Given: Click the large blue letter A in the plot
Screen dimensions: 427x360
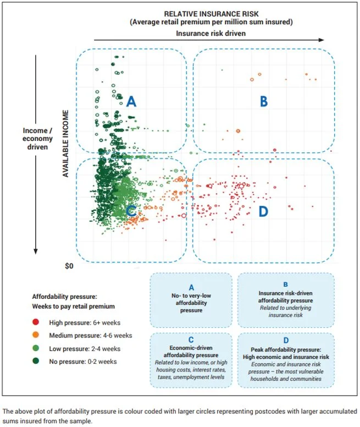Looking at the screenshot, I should pyautogui.click(x=131, y=101).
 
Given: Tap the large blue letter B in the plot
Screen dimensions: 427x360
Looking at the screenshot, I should pyautogui.click(x=263, y=101).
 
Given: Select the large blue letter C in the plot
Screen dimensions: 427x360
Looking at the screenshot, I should pyautogui.click(x=131, y=210).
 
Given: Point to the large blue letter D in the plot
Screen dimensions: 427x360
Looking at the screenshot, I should pyautogui.click(x=263, y=211).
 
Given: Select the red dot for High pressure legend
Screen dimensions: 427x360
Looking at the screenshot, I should pyautogui.click(x=35, y=322).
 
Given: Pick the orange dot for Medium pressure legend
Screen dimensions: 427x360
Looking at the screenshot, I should pyautogui.click(x=35, y=335).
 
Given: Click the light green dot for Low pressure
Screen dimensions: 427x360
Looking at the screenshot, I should pyautogui.click(x=35, y=348).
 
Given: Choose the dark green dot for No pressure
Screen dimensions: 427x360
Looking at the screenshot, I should pyautogui.click(x=35, y=360).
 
